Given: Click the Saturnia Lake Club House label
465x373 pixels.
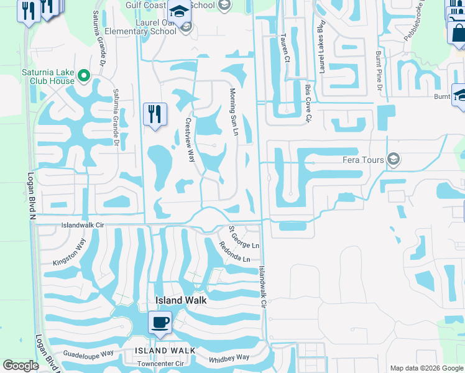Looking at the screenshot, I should coord(47,76).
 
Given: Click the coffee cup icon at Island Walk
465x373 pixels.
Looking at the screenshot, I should coord(160,323).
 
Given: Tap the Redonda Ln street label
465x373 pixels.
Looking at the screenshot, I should coord(234,251).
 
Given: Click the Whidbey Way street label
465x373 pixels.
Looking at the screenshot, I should coord(229,357).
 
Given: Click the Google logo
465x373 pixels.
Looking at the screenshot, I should coord(21,366).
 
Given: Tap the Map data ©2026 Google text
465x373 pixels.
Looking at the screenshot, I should coord(426,368).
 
